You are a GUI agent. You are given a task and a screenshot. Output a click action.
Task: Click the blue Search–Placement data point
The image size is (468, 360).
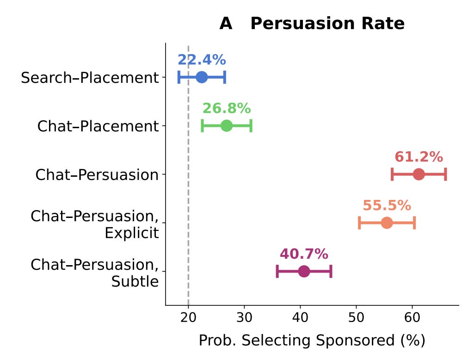point(202,77)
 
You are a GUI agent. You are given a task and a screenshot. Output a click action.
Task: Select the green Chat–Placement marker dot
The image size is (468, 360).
point(227,125)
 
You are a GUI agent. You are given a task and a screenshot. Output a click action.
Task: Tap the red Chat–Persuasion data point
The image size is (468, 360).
point(419,174)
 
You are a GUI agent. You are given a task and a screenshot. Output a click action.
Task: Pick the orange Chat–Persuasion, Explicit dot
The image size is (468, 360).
point(387,223)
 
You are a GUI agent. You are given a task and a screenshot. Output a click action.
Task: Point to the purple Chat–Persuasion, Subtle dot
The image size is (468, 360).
point(304,271)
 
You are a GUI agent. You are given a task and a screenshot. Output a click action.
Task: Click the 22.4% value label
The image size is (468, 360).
point(202,60)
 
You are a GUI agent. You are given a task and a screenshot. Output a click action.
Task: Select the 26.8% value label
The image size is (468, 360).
point(227,108)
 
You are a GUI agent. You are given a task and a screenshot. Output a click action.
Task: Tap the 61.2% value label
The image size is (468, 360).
point(419,157)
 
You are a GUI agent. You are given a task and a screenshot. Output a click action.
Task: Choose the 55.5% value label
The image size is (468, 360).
point(387,205)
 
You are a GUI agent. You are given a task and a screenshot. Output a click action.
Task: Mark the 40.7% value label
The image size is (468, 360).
point(304,254)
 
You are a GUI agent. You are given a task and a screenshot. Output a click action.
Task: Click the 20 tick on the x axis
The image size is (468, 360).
point(188,317)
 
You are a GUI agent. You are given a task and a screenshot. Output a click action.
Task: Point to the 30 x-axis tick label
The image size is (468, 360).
point(245,317)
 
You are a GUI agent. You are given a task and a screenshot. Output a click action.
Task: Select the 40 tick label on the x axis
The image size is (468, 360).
point(300,317)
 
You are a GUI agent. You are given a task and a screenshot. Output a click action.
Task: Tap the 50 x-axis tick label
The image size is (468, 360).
point(357,317)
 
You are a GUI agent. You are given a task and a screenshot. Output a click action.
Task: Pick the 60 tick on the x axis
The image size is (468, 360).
point(412,317)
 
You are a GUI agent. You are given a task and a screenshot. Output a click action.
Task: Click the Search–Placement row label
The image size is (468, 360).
point(90,78)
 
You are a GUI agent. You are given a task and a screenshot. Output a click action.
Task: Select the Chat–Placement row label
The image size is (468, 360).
point(98,126)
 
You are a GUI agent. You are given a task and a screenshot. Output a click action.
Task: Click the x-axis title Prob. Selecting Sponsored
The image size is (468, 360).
point(312,340)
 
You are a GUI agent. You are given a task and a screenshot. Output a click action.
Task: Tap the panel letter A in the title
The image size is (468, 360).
point(226,23)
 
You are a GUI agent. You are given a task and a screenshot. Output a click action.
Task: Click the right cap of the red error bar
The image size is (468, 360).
point(446,174)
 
